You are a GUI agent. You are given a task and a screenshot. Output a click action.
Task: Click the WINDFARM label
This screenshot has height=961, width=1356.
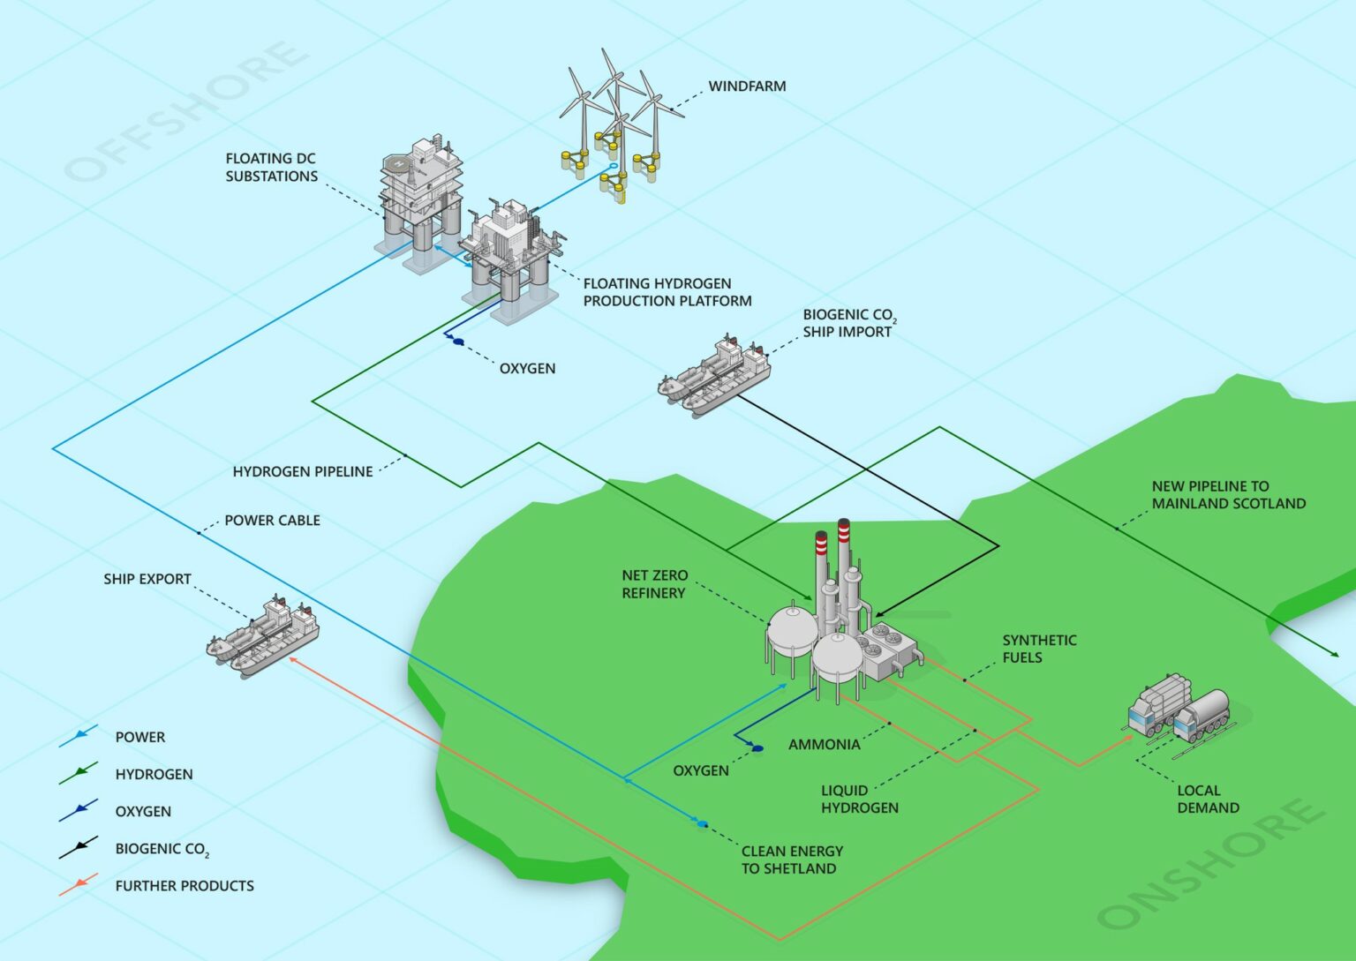pos(747,86)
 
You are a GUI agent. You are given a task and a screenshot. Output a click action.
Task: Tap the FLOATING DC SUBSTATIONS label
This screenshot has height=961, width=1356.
pos(271,168)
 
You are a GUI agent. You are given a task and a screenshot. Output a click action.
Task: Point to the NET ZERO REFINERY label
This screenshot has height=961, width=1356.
pos(654,584)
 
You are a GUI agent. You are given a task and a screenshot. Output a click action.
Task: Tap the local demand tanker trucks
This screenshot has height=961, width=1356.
pos(1179,711)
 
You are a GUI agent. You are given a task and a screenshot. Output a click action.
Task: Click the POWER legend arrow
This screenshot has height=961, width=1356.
pos(79,736)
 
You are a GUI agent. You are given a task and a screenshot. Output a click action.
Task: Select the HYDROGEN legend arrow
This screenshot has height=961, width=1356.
pos(79,773)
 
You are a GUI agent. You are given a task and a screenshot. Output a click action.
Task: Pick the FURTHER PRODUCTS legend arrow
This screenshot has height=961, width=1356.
pos(79,884)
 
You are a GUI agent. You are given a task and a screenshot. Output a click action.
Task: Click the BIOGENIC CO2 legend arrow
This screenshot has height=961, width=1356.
pos(79,848)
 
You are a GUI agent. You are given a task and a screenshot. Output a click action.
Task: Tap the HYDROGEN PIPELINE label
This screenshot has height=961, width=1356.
pos(303,472)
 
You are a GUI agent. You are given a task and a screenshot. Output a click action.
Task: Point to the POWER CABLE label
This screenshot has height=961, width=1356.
pos(272,521)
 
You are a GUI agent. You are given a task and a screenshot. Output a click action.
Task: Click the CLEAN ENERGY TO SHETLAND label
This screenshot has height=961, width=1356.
pos(792,860)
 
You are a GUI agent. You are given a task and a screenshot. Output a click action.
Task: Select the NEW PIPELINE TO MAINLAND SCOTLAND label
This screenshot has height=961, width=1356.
pos(1228,495)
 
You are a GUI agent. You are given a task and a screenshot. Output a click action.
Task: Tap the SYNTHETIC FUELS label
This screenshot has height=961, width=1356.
pos(1039,649)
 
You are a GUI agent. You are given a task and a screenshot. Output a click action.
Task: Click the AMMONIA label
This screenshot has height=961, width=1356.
pos(824,745)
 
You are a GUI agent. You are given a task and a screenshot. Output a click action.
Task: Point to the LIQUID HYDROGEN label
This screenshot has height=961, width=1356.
pos(859,799)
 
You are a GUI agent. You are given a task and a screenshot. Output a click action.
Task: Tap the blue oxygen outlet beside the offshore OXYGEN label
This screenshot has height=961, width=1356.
pos(458,341)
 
